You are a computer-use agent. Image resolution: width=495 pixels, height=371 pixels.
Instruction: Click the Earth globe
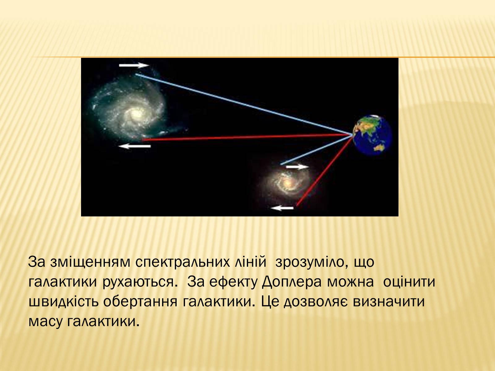coord(372,135)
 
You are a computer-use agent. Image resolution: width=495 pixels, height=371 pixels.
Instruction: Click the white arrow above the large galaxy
coord(134,65)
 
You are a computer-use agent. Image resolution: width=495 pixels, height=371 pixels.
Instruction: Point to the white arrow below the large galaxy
coord(135,146)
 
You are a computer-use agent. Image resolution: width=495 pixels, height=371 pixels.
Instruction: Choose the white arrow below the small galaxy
coord(282,208)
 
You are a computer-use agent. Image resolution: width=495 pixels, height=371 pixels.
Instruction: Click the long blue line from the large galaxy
coord(244,104)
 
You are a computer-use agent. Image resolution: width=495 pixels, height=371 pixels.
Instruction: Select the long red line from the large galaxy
coord(247,137)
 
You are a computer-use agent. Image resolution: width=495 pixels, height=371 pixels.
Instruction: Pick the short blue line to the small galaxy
coord(316,150)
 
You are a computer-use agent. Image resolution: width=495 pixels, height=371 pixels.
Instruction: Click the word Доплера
coord(292,282)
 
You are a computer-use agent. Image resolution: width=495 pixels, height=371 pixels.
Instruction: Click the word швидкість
coord(64,301)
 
